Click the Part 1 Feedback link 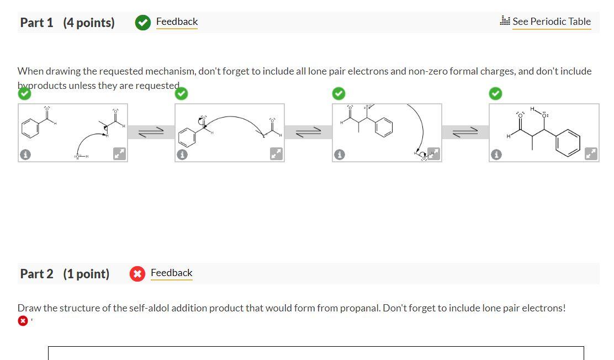[x=177, y=22]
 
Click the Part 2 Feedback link [x=171, y=273]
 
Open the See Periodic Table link [x=551, y=22]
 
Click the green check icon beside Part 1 [x=143, y=23]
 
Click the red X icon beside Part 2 [x=137, y=274]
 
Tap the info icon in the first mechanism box [x=25, y=155]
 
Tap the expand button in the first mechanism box [x=119, y=154]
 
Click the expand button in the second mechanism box [x=276, y=154]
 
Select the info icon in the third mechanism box [x=340, y=155]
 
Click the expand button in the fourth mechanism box [x=591, y=154]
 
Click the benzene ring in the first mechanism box [x=30, y=128]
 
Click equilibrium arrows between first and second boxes [x=151, y=132]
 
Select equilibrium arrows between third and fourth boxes [x=465, y=132]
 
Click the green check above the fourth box [x=496, y=94]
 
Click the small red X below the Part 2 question [x=23, y=321]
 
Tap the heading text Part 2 [x=36, y=274]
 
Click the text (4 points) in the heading [x=89, y=23]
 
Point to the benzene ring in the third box [x=384, y=128]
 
